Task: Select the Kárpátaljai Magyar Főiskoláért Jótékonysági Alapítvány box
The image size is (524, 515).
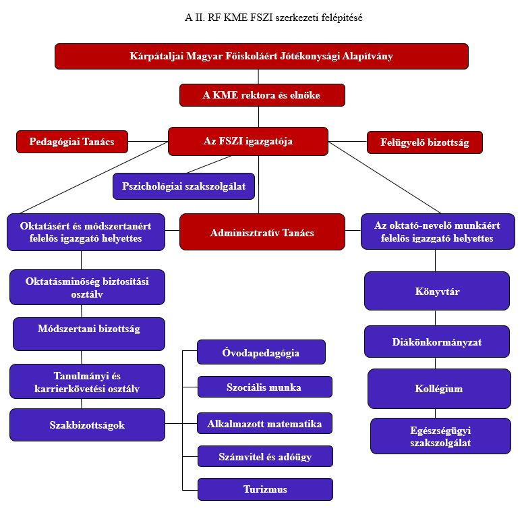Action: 261,56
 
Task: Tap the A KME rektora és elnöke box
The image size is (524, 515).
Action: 262,95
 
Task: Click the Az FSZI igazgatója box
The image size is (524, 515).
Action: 248,142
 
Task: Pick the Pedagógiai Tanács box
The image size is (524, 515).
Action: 71,142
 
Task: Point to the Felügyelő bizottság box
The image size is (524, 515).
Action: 424,142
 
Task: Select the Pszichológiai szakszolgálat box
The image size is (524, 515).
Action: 183,186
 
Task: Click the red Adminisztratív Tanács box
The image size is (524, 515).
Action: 262,232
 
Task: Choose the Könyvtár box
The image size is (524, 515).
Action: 436,291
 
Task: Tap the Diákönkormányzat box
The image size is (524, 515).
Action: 436,342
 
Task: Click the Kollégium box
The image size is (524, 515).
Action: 438,389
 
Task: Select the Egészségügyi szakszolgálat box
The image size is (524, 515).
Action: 440,436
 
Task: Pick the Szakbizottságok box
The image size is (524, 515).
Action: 87,425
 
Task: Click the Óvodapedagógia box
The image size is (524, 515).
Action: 261,352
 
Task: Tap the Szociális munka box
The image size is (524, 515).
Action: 264,387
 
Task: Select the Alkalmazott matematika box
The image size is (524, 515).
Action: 264,423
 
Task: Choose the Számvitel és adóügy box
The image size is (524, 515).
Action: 265,456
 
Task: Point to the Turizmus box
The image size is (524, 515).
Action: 265,489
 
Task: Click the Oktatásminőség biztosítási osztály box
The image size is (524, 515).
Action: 87,287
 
